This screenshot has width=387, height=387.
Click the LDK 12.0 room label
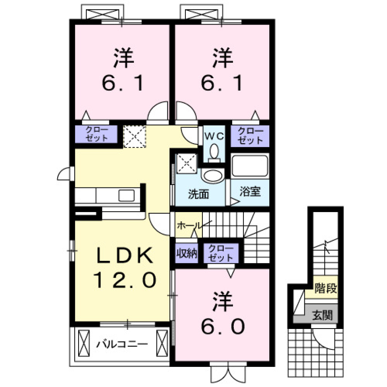coord(125,268)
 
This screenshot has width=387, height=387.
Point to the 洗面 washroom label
coord(199,194)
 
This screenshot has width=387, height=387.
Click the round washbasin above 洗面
coord(212,176)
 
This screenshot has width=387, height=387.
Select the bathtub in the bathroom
coord(250,166)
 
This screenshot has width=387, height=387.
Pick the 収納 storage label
coord(186,254)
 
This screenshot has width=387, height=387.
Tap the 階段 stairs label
coord(326,289)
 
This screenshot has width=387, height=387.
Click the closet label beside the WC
coord(250,136)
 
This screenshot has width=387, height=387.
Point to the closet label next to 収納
coord(221,254)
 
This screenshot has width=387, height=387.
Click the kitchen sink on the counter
coord(127,196)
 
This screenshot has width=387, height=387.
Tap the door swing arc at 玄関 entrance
coord(322,339)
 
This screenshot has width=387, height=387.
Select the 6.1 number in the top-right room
coord(222,83)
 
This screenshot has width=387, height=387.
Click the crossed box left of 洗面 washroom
coord(186,164)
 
